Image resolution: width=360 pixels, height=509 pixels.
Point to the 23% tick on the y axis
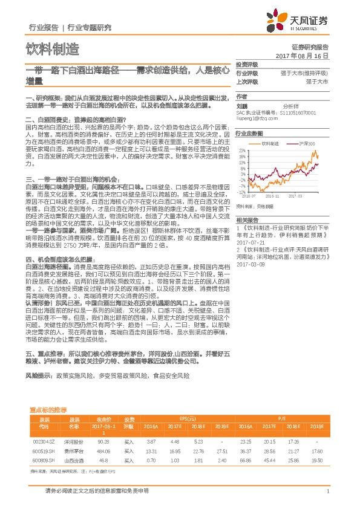[x=241, y=150]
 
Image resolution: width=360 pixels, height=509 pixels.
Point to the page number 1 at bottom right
[x=327, y=490]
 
